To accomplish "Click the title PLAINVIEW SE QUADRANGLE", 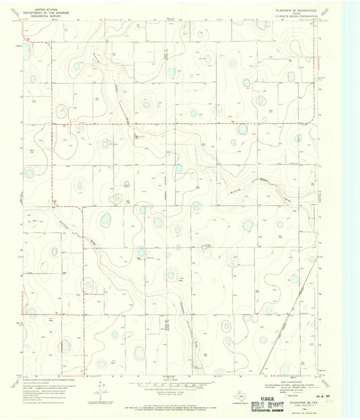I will [294, 9].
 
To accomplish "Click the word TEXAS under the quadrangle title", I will [294, 13].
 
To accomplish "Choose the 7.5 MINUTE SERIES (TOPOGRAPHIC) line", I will [294, 16].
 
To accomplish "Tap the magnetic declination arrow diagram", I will [101, 390].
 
